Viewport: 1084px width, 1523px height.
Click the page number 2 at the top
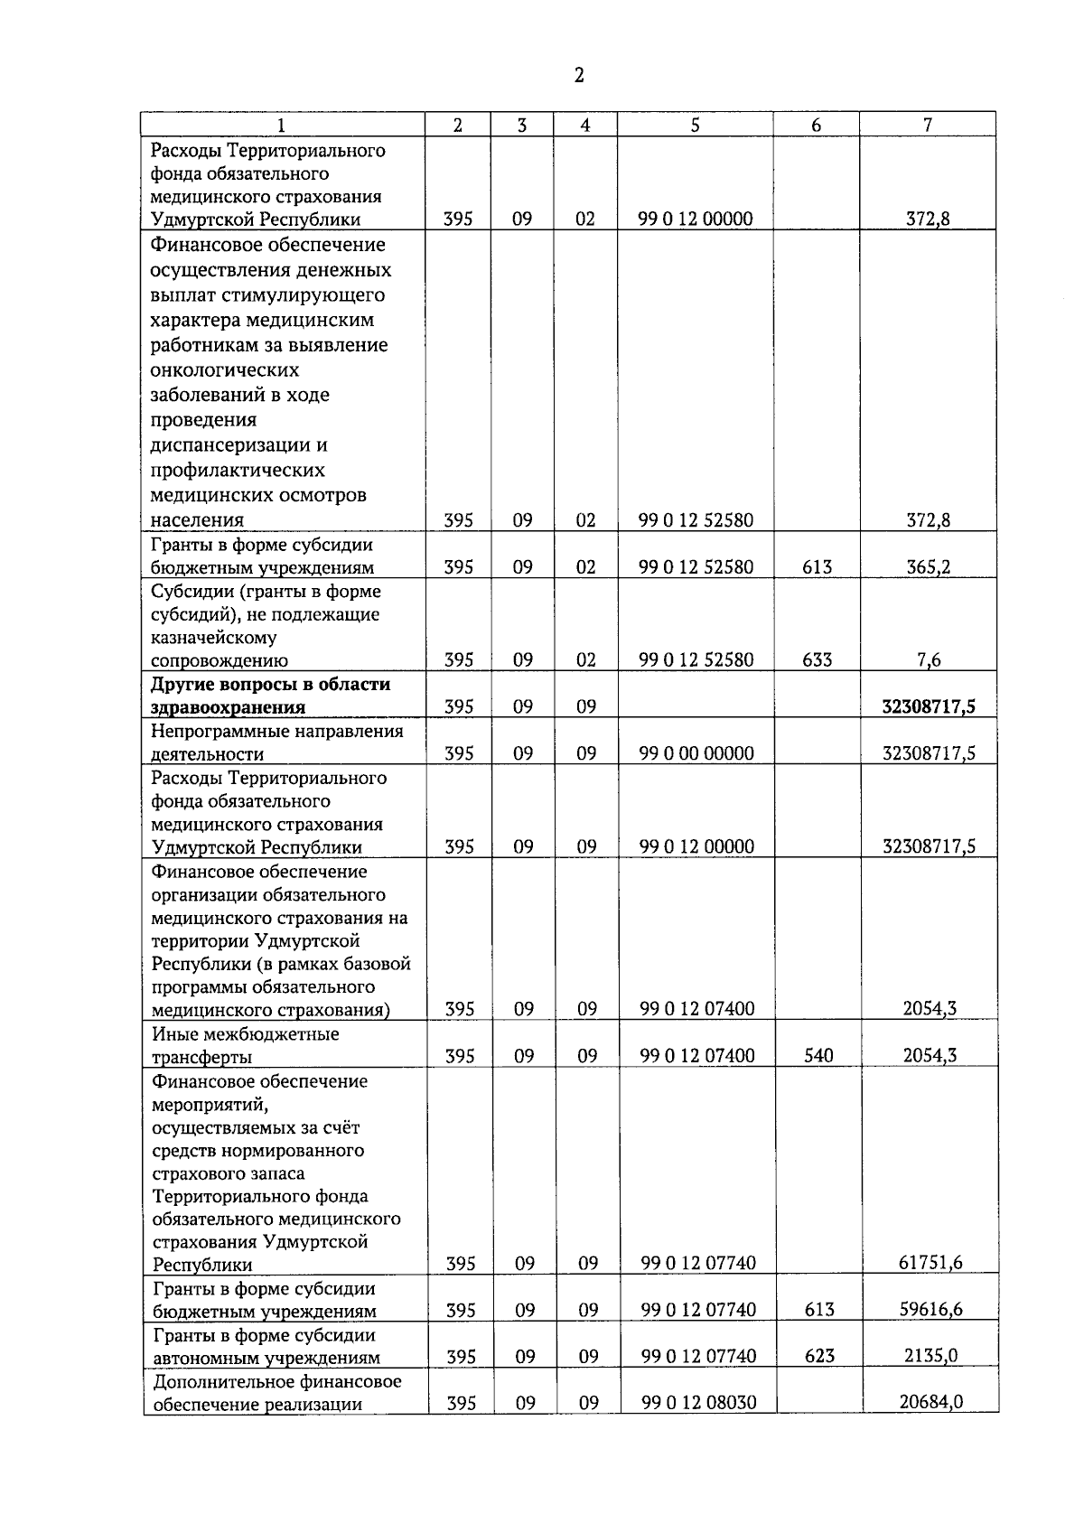[579, 76]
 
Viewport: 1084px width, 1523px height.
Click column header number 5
[695, 126]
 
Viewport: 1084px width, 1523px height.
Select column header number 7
[928, 126]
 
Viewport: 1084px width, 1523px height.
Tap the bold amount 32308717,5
[928, 706]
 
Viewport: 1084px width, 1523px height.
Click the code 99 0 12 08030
[699, 1403]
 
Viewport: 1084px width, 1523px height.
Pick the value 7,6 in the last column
[929, 660]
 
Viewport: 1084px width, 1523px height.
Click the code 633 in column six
[817, 660]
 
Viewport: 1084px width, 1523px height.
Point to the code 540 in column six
[818, 1055]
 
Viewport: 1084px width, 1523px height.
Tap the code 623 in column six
[819, 1356]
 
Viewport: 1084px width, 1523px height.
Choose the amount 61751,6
[930, 1263]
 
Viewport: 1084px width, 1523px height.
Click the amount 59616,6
[930, 1310]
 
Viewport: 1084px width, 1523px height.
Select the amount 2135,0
[933, 1356]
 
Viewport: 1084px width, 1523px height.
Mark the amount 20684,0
[931, 1403]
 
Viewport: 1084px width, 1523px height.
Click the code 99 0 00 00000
[696, 753]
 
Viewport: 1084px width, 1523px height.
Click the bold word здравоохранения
[228, 707]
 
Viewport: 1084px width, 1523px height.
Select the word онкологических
[225, 370]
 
